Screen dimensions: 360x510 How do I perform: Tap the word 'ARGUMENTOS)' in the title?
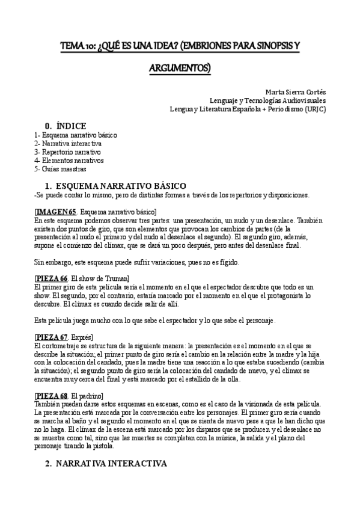(x=180, y=69)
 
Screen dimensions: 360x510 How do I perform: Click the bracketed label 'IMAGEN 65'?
(x=56, y=212)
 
